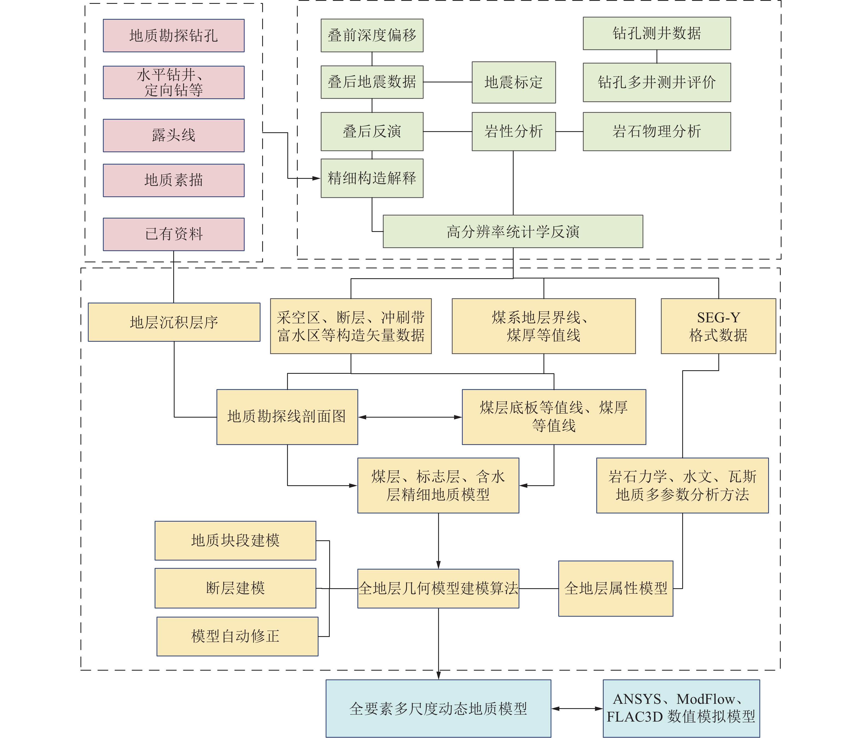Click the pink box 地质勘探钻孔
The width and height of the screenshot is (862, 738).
click(173, 35)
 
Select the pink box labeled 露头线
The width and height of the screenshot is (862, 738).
click(173, 135)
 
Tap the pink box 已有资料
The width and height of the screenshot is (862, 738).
click(173, 234)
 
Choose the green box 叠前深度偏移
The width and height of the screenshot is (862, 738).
click(372, 35)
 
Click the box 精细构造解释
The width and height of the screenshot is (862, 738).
click(372, 178)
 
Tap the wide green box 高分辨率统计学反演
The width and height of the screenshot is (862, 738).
click(513, 231)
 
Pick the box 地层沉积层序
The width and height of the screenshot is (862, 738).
click(174, 322)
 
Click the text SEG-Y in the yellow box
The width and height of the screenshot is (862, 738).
click(719, 318)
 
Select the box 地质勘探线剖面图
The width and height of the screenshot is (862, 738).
click(287, 417)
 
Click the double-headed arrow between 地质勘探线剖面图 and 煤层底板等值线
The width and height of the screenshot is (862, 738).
click(410, 417)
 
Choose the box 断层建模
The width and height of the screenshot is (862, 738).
click(235, 588)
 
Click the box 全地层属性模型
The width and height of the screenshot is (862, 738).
click(616, 588)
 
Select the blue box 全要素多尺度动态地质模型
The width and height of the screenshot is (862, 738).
click(438, 708)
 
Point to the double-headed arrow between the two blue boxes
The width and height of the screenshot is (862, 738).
click(577, 708)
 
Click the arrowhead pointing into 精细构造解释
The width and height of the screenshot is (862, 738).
click(316, 178)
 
